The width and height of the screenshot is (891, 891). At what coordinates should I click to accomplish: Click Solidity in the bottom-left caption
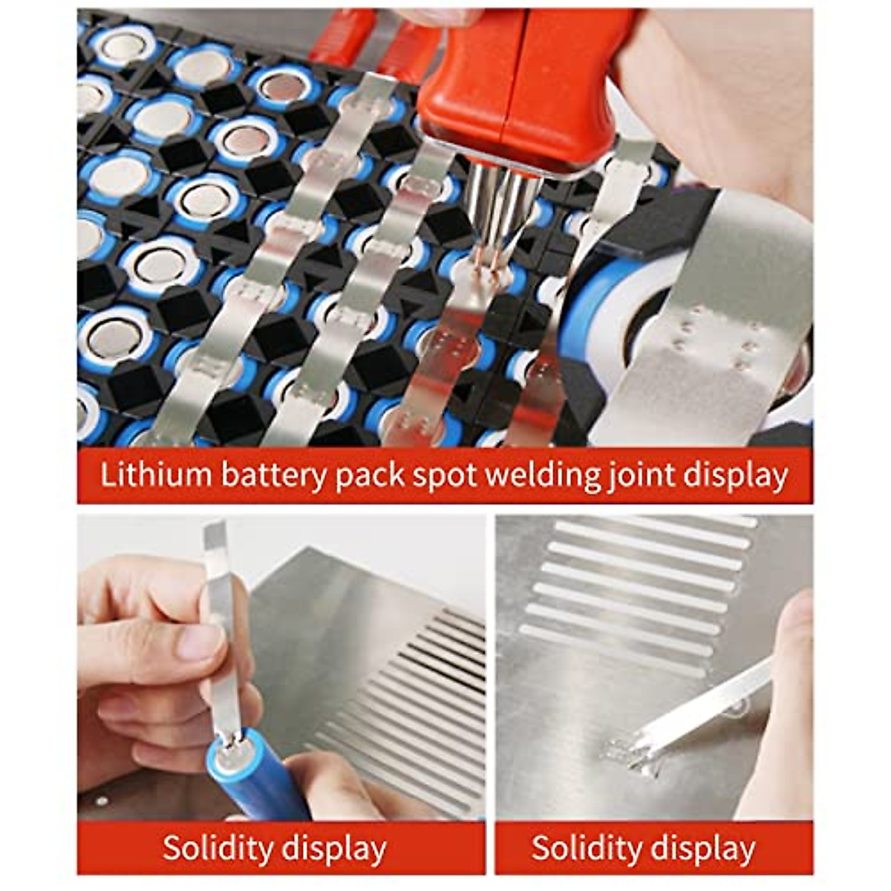[221, 848]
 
